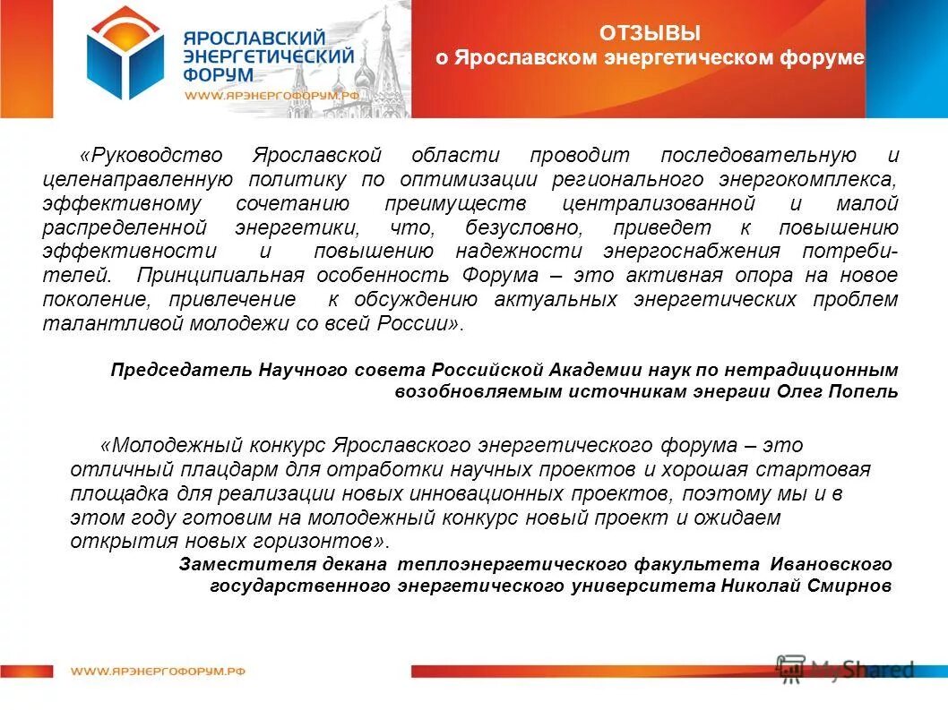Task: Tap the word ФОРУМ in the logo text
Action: pyautogui.click(x=215, y=75)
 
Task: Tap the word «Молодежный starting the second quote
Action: pyautogui.click(x=170, y=445)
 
